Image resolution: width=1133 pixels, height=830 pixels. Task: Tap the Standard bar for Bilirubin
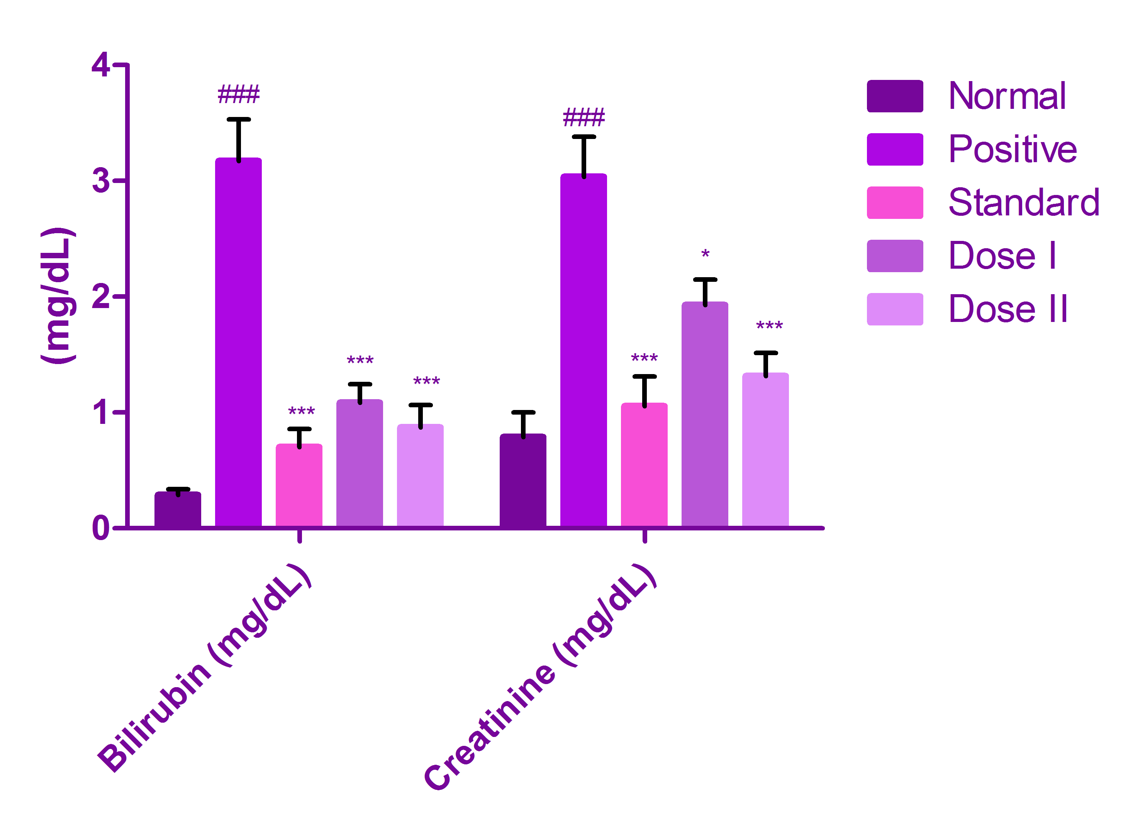[299, 485]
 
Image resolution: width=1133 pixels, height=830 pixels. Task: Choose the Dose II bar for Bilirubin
[420, 475]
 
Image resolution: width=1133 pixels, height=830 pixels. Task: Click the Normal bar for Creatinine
[522, 480]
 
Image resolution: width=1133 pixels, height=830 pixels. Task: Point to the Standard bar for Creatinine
[644, 465]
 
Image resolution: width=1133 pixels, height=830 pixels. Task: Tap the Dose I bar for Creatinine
[704, 415]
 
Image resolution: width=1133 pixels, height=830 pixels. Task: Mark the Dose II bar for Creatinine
[765, 450]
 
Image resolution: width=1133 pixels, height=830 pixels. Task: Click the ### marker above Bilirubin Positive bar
[238, 95]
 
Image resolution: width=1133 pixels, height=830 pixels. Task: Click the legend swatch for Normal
[894, 96]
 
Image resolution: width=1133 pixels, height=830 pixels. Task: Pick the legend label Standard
[1023, 202]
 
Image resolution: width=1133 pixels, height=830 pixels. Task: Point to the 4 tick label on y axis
[100, 65]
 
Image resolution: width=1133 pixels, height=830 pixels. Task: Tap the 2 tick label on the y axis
[100, 296]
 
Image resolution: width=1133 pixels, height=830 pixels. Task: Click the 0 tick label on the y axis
[100, 528]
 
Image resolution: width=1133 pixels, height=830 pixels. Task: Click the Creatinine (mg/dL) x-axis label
[540, 678]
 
